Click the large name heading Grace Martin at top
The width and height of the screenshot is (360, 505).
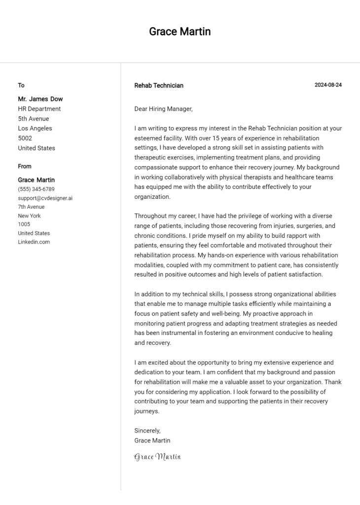180,32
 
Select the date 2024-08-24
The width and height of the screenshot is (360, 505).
328,85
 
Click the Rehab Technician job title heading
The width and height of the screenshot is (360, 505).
158,85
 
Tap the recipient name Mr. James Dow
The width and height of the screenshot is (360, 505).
40,99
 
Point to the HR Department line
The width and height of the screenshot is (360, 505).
39,109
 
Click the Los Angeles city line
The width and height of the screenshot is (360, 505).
35,128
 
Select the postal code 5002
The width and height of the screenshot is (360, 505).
25,138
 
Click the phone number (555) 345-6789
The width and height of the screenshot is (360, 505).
36,189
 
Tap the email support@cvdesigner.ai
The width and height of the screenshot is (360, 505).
45,198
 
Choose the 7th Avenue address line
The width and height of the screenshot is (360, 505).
31,207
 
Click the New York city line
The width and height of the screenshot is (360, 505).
29,216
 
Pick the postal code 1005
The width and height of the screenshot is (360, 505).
24,224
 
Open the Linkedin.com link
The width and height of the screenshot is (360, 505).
34,242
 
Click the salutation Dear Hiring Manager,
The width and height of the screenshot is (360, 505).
163,108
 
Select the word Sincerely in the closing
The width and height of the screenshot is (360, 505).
146,431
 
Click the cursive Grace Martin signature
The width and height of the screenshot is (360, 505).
157,457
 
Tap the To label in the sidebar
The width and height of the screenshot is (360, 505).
21,85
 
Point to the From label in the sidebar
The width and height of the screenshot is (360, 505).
25,166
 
